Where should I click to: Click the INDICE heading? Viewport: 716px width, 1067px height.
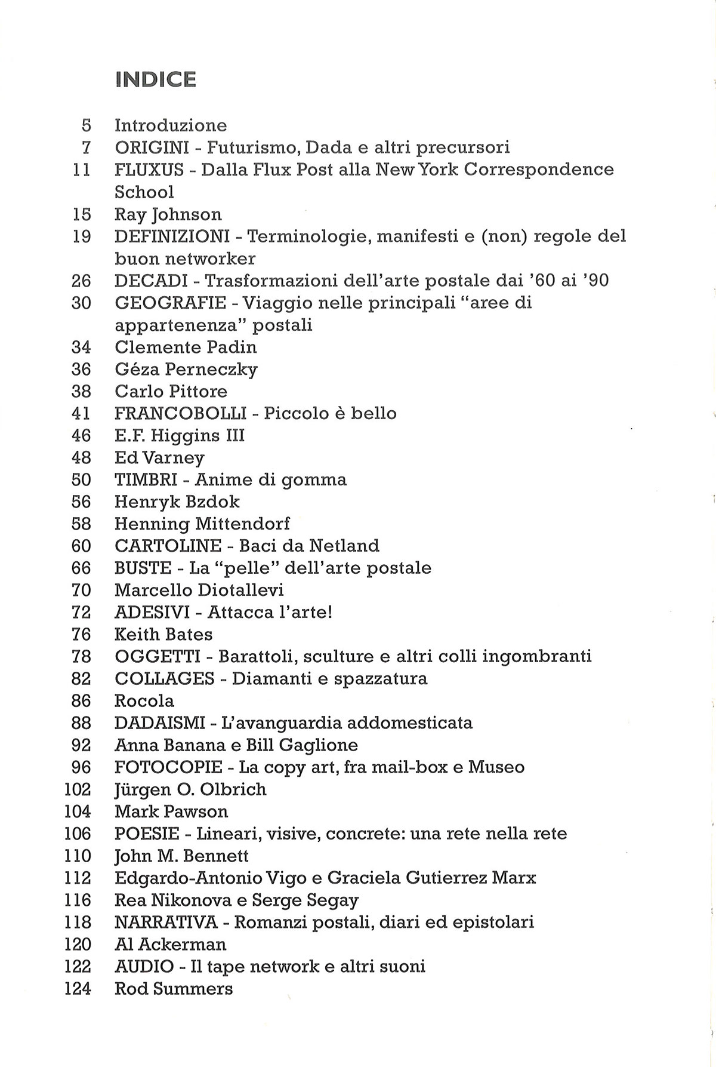click(x=156, y=79)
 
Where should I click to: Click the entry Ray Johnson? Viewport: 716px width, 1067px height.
click(x=168, y=214)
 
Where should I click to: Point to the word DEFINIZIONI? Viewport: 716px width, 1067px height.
click(x=172, y=236)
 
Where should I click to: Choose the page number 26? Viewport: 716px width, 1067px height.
click(x=81, y=281)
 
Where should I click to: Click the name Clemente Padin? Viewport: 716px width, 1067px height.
click(x=186, y=347)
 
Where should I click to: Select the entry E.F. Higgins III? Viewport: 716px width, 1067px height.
click(x=180, y=435)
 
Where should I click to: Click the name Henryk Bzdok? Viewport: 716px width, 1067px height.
click(x=177, y=502)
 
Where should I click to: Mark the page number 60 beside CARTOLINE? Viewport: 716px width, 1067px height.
click(x=81, y=546)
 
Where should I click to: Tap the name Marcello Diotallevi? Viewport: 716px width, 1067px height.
click(x=199, y=590)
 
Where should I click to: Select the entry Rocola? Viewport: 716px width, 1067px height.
click(x=144, y=701)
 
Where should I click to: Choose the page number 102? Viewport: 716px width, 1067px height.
click(x=77, y=789)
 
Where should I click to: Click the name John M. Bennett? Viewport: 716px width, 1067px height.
click(x=181, y=856)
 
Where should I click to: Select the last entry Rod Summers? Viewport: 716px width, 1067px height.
click(x=173, y=989)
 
